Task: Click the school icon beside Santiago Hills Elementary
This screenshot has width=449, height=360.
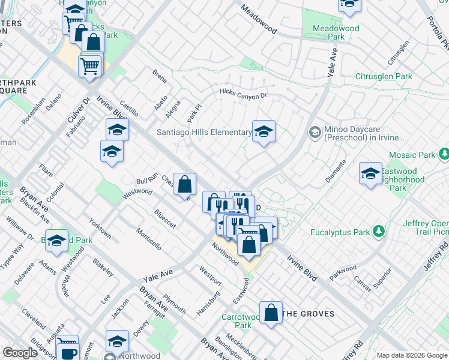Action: [x=264, y=133]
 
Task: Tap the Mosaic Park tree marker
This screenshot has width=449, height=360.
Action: [x=444, y=155]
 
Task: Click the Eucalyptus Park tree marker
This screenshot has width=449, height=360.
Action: [x=379, y=232]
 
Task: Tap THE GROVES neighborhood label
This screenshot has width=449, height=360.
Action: [x=308, y=313]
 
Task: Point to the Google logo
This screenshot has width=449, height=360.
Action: [x=20, y=353]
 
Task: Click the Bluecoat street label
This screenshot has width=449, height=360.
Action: [x=164, y=218]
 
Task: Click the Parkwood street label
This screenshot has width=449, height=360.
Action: [x=343, y=272]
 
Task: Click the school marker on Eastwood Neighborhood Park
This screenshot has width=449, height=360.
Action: [x=370, y=173]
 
